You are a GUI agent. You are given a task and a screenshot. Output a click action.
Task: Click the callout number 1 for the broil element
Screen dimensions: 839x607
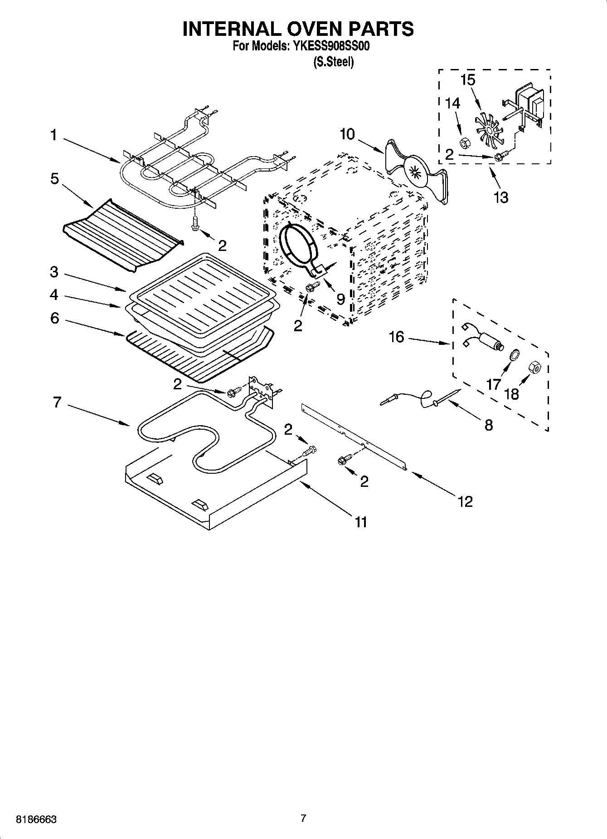pyautogui.click(x=53, y=135)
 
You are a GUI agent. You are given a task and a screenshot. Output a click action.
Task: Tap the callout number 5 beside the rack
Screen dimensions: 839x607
pyautogui.click(x=54, y=179)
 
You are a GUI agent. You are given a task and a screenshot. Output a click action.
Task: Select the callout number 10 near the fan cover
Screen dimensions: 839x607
pyautogui.click(x=347, y=134)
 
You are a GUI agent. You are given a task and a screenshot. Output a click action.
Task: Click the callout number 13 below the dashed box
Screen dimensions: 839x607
pyautogui.click(x=501, y=197)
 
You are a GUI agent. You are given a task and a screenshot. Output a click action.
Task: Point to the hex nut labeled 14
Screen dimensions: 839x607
pyautogui.click(x=464, y=144)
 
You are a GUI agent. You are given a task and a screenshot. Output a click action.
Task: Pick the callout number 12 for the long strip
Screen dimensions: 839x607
pyautogui.click(x=465, y=501)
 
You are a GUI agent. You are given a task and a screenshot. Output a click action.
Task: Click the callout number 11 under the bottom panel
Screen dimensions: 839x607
pyautogui.click(x=360, y=522)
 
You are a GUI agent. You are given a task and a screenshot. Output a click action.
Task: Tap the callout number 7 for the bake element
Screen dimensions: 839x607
pyautogui.click(x=57, y=402)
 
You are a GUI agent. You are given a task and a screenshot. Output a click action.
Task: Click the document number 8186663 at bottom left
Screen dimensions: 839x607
pyautogui.click(x=36, y=819)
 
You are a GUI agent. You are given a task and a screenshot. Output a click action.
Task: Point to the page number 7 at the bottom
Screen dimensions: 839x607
pyautogui.click(x=303, y=819)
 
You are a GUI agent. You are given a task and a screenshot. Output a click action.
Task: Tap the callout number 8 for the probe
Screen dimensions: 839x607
pyautogui.click(x=488, y=425)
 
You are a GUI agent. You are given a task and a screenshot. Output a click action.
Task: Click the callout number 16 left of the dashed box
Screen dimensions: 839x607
pyautogui.click(x=396, y=337)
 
